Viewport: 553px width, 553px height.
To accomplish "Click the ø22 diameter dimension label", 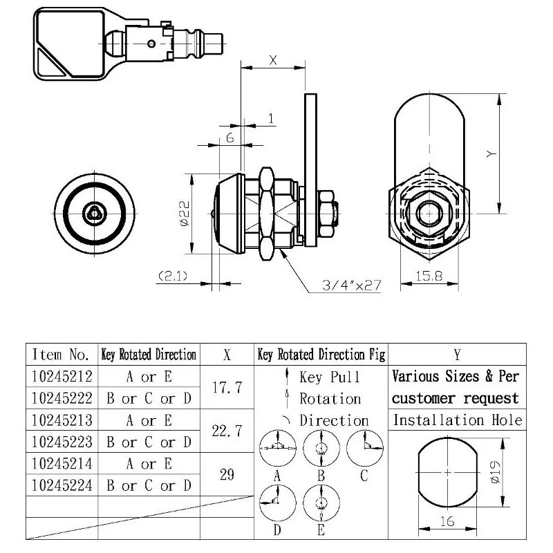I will pos(185,214).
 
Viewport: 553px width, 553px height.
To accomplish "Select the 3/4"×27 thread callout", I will pos(351,285).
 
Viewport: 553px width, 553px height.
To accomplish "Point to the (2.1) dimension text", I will pos(174,276).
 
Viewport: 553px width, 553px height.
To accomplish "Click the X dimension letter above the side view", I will pos(272,61).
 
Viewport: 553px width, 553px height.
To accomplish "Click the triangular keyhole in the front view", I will pos(93,214).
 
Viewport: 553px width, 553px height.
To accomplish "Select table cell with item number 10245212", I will pos(61,377).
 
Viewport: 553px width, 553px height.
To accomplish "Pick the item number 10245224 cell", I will pos(61,485).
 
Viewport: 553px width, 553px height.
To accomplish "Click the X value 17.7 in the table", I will pos(226,388).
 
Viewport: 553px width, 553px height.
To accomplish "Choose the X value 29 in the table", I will pos(226,474).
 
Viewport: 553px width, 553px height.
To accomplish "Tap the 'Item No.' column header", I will pos(61,355).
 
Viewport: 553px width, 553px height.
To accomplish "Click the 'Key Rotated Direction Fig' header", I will pos(321,355).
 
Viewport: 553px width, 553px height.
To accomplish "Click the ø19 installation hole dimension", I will pos(509,473).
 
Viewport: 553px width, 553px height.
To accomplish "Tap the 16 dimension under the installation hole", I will pos(447,523).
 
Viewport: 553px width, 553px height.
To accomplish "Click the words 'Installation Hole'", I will pos(457,420).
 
